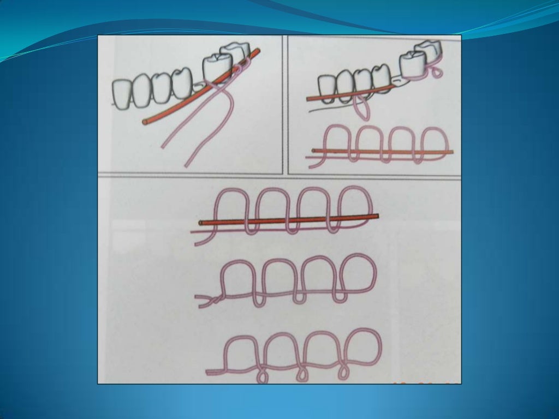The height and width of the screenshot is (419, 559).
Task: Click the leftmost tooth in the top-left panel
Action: click(x=123, y=93)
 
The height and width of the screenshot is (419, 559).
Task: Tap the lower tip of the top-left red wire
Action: click(x=145, y=122)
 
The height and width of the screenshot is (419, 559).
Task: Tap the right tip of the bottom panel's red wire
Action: click(x=376, y=217)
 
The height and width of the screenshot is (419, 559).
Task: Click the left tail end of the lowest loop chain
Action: click(x=209, y=372)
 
